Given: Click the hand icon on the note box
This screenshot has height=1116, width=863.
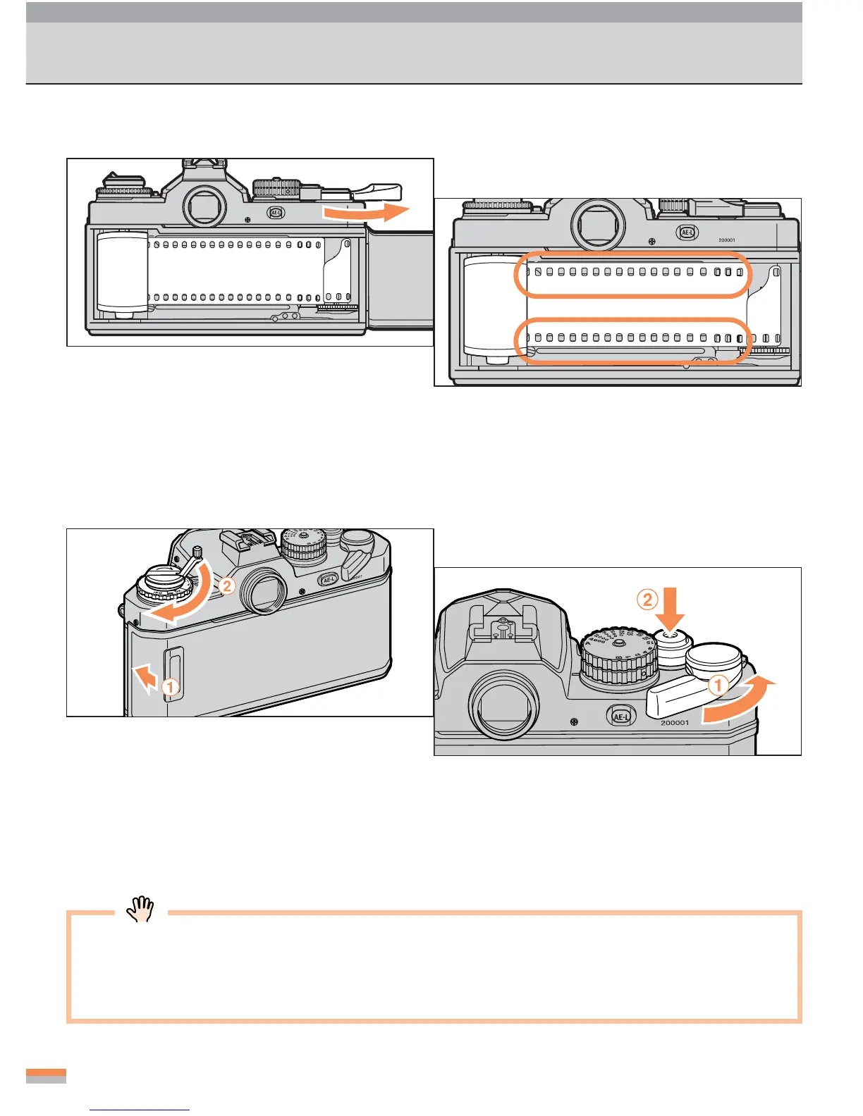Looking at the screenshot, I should tap(140, 909).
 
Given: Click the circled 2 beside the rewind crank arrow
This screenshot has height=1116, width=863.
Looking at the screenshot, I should tap(226, 585).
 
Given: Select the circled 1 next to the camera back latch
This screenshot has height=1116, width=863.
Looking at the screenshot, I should tap(170, 686).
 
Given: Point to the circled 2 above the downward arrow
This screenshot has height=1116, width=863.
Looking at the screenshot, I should tap(647, 600).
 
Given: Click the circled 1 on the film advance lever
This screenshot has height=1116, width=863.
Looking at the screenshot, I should tap(718, 684).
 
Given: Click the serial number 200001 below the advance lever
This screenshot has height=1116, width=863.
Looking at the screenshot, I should tap(674, 723).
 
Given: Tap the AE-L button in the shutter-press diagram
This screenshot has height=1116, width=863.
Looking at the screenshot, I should tap(620, 717).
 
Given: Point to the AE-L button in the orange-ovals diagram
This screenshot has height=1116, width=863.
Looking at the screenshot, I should tap(687, 232).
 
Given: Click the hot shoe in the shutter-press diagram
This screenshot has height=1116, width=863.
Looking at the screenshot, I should tap(503, 631).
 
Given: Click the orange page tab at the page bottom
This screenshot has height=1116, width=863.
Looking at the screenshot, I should tap(46, 1074).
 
